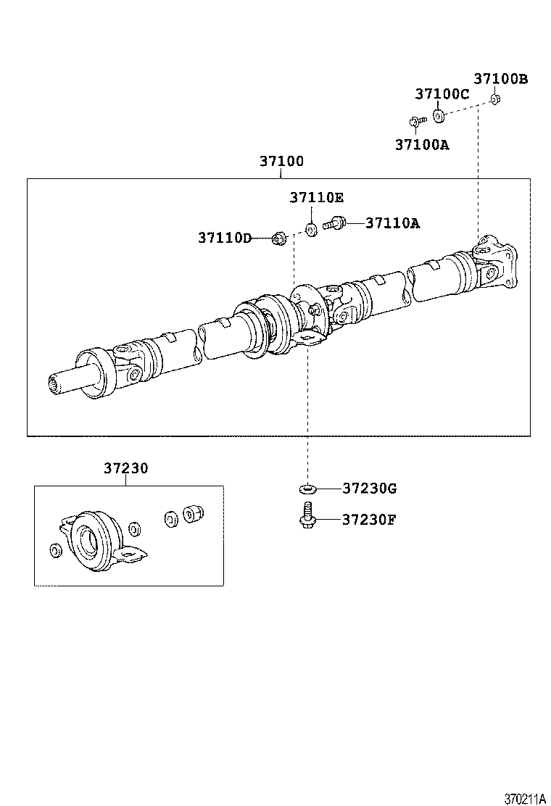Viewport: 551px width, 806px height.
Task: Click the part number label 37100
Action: point(281,162)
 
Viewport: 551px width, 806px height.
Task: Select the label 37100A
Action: point(422,145)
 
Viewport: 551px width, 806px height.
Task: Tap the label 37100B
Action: point(501,79)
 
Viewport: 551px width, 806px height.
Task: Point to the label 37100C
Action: point(442,94)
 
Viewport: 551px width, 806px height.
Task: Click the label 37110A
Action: point(392,223)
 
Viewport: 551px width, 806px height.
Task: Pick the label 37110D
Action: point(225,238)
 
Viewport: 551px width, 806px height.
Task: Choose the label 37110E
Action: point(317,197)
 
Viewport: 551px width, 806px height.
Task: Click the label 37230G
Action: point(369,489)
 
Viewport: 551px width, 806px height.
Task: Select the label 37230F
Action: point(369,520)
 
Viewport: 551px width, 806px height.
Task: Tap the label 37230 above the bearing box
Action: point(125,469)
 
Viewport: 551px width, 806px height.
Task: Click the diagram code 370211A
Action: point(525,799)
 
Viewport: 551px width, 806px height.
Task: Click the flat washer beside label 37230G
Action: point(306,489)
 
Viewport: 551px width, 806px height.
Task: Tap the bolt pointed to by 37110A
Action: point(335,223)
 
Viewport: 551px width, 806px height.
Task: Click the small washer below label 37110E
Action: point(311,230)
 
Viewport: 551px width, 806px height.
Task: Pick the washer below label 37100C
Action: point(439,115)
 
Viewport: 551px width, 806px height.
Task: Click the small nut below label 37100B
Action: point(494,99)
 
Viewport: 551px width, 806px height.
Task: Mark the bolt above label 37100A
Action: point(415,122)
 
